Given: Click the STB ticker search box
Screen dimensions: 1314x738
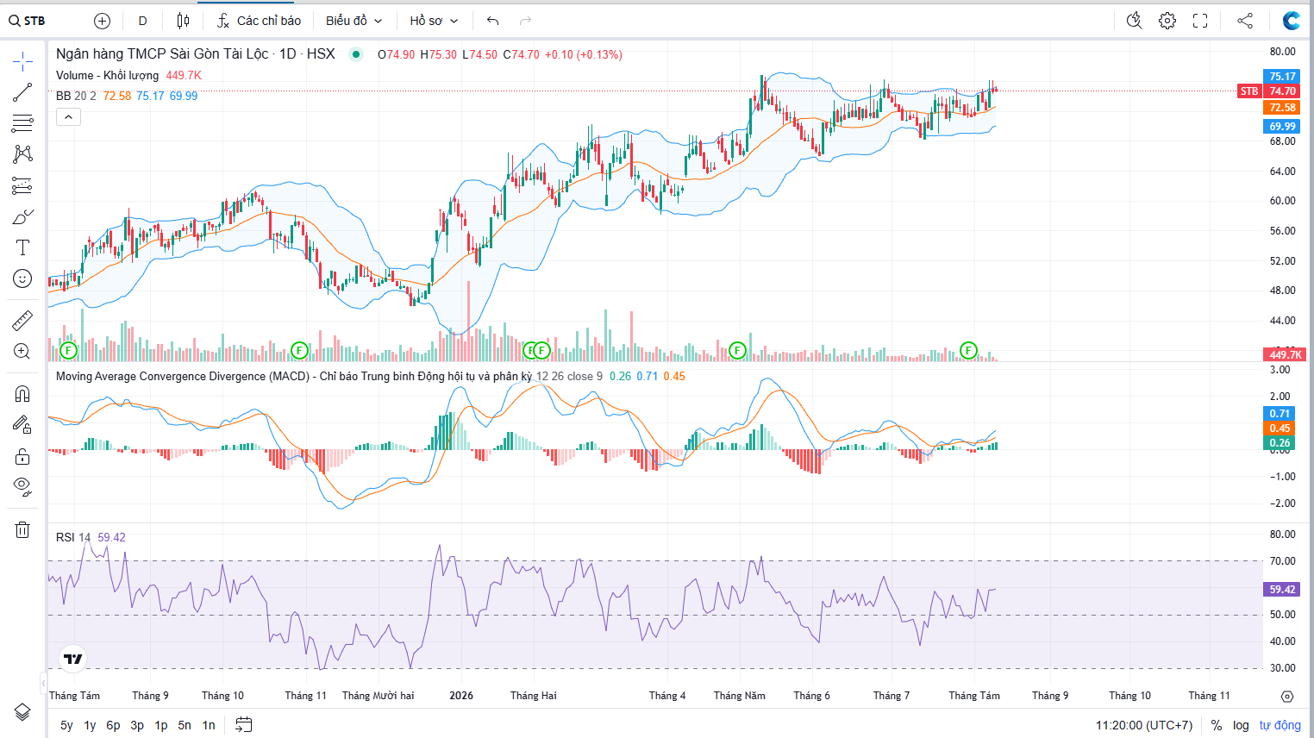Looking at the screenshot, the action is tap(28, 21).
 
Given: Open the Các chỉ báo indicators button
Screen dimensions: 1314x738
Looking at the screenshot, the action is tap(259, 21).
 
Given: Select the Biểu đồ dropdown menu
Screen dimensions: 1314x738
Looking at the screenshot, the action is tap(354, 21).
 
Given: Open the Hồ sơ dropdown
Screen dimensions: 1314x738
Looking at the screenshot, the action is tap(434, 21).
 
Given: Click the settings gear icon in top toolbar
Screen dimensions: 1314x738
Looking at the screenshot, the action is tap(1167, 21).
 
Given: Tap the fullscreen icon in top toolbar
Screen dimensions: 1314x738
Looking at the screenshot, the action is tap(1200, 21).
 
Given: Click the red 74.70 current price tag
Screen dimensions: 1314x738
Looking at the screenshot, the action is tap(1282, 91).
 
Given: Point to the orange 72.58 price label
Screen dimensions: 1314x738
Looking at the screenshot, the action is tap(1282, 108).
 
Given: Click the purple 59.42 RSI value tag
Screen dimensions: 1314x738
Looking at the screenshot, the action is tap(1282, 589).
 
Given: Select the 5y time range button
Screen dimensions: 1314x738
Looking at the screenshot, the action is tap(66, 725).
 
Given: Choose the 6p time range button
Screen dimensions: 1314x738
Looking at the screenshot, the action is tap(113, 725).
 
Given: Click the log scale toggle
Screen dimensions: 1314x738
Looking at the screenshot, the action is tap(1240, 725).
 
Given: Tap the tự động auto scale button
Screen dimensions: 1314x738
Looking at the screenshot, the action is tap(1280, 725).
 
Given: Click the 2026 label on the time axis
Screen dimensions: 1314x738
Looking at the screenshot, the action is tap(461, 695).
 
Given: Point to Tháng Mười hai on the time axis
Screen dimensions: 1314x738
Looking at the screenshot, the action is tap(378, 695).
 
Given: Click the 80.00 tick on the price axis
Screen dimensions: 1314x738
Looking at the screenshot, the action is tap(1282, 52).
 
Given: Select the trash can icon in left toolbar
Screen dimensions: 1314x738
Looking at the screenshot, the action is tap(22, 529).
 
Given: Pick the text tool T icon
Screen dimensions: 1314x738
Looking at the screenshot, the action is tap(22, 247).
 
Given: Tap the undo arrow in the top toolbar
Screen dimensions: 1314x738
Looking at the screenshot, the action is tap(493, 21).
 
